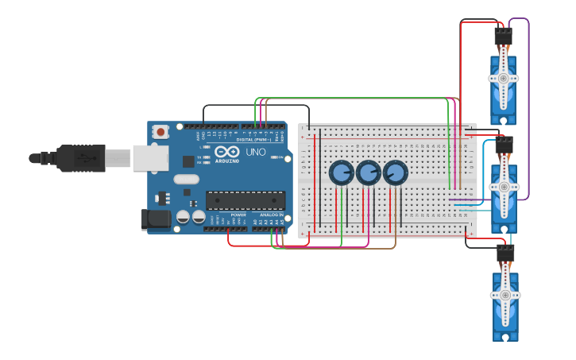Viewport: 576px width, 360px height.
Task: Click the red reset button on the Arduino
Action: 160,132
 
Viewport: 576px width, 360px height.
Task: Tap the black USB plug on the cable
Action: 80,158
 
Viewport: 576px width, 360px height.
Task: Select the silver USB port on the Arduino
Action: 149,157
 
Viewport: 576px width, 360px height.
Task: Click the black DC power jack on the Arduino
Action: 155,219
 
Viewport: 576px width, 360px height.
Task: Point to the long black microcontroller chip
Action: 245,200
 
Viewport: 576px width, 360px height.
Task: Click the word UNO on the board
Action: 256,152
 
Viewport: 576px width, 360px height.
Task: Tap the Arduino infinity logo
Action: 226,151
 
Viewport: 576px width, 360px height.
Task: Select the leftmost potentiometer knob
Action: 341,172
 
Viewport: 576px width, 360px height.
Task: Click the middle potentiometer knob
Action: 368,172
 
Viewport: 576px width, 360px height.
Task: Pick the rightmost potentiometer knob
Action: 395,172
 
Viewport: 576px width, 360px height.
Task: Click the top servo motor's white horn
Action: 503,78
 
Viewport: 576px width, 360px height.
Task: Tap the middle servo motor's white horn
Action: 503,187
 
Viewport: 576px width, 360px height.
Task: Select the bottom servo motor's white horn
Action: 504,295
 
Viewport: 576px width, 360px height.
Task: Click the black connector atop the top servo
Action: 503,37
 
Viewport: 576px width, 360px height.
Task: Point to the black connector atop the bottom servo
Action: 505,253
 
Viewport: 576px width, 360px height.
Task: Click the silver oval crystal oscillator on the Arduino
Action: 185,179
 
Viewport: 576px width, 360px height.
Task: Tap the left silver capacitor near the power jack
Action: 183,216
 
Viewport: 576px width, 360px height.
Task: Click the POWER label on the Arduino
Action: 238,215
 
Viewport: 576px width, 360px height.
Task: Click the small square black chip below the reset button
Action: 188,161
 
